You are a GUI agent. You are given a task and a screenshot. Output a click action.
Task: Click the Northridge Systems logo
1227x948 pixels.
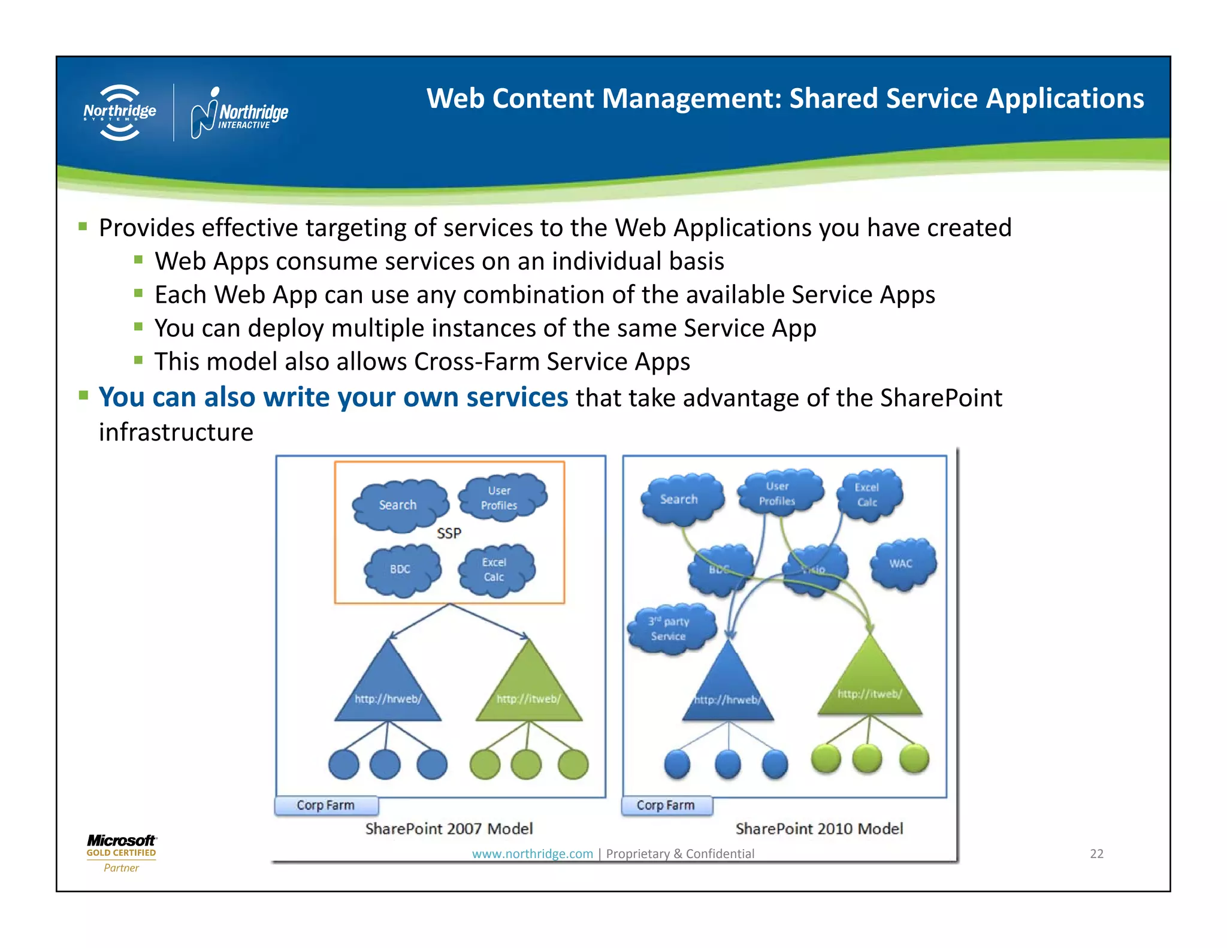[120, 113]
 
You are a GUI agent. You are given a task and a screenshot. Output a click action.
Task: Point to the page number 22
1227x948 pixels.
[1096, 853]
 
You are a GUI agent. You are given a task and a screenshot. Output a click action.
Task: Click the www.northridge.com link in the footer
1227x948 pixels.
[532, 853]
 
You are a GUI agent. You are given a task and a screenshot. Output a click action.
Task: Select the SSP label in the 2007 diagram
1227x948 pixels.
[449, 533]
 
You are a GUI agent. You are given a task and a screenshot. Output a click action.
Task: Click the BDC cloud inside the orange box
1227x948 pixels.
[401, 570]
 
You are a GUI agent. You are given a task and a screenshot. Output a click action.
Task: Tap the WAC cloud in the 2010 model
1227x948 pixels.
[901, 564]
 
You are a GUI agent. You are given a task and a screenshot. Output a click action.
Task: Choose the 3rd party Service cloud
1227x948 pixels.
[670, 629]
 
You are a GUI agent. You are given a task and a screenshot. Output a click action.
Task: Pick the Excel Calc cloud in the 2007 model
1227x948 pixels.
[494, 570]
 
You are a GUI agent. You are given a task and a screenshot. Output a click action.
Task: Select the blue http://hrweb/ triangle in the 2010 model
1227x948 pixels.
[728, 689]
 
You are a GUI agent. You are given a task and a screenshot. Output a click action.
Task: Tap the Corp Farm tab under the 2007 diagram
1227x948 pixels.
[326, 805]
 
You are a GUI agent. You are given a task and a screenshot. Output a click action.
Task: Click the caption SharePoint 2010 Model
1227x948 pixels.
[819, 829]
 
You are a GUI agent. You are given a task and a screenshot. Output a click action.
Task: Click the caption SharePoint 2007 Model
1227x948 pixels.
[449, 829]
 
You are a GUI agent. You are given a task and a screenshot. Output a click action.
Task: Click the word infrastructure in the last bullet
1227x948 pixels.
[176, 432]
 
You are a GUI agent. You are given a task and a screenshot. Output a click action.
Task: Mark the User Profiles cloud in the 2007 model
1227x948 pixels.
[500, 498]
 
